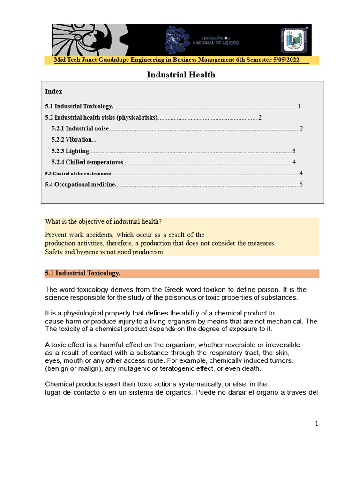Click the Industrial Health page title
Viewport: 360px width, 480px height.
181,75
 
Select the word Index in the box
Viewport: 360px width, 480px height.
53,91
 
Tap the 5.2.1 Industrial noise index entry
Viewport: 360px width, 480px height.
80,128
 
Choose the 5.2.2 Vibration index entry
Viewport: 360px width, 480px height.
72,140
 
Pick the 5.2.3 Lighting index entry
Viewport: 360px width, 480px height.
70,151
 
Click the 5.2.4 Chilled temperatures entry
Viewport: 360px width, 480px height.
87,162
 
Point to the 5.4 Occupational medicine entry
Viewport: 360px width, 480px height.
80,184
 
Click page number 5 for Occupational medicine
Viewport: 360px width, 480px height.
301,184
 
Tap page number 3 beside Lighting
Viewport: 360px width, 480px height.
293,151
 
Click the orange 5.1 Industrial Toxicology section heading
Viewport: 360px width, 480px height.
83,273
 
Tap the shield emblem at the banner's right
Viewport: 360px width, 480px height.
293,40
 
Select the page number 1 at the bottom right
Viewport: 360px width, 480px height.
317,424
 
